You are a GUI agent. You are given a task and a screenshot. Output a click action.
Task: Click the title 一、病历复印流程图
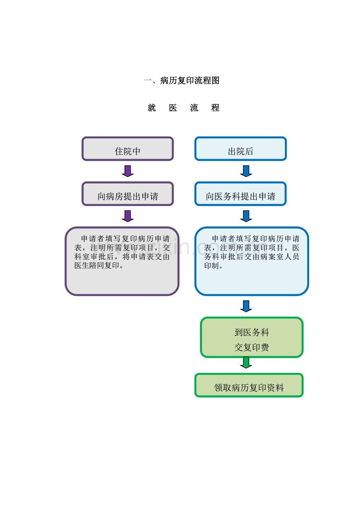tap(182, 81)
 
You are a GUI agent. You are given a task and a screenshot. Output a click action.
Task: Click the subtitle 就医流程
tap(184, 108)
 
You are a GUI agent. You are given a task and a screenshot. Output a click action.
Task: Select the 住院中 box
tap(128, 149)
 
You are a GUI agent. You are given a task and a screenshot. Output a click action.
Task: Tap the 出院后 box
tap(241, 149)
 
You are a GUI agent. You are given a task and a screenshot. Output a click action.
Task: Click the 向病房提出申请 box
tap(128, 194)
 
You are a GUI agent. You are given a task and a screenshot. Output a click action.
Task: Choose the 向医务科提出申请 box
tap(241, 194)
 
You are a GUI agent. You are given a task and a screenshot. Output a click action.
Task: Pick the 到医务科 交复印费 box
tap(252, 337)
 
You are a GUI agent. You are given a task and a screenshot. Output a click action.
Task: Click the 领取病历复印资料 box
tap(249, 385)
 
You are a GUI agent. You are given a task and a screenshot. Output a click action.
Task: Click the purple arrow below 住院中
tap(128, 171)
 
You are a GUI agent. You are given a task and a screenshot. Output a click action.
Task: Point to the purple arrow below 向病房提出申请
tap(128, 216)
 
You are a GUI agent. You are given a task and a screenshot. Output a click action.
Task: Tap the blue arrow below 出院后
tap(246, 171)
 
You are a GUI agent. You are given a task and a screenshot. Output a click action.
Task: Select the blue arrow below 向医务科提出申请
tap(246, 216)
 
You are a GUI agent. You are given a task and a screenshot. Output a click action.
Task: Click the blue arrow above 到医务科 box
tap(246, 306)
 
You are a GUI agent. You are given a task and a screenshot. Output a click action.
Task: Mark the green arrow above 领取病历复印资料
tap(246, 362)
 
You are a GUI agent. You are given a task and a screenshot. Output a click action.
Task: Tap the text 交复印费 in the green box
tap(252, 348)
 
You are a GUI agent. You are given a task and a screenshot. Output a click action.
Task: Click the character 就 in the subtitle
tap(152, 108)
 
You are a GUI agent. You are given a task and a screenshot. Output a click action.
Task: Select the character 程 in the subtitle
tap(215, 108)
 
